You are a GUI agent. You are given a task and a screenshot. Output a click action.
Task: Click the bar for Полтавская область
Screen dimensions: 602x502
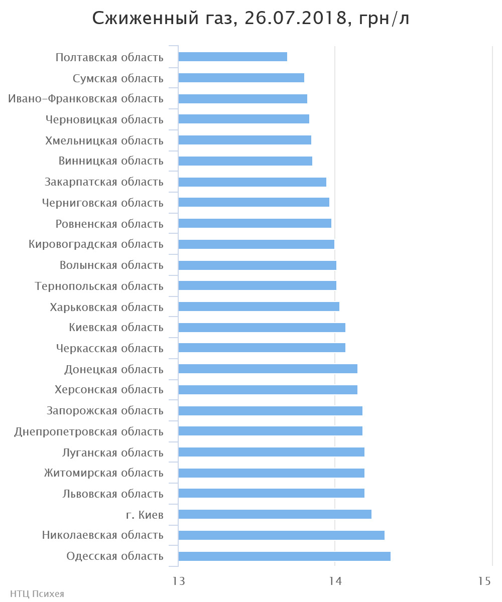[232, 57]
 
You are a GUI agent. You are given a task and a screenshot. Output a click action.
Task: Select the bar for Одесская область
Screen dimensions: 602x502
[284, 556]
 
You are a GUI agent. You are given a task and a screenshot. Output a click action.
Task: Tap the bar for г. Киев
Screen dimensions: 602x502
[275, 514]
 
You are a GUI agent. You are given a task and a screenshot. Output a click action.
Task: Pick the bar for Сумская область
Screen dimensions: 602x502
[241, 78]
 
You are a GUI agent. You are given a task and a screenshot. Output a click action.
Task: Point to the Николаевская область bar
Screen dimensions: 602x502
[281, 535]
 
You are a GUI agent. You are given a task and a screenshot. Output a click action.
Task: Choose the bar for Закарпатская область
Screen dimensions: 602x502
[252, 182]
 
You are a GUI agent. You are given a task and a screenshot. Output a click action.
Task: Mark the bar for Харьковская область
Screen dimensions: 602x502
[259, 307]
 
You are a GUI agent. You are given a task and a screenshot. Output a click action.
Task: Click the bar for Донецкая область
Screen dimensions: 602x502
[268, 369]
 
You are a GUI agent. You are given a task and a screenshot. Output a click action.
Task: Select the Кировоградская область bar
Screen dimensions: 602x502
[256, 244]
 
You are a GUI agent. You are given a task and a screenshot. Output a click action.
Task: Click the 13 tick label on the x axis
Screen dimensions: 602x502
[179, 581]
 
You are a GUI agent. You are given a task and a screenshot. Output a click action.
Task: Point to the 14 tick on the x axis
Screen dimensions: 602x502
[335, 581]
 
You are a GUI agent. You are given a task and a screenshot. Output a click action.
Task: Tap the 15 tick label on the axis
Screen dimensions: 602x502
[484, 581]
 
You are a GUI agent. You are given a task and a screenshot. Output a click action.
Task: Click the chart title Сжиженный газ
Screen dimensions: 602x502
[251, 19]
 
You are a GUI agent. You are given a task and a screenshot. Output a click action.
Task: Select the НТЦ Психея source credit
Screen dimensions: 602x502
[37, 594]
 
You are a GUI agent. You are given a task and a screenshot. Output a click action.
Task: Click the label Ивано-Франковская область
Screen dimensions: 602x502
[86, 99]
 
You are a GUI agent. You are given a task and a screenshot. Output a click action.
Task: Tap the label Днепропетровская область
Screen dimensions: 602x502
[89, 431]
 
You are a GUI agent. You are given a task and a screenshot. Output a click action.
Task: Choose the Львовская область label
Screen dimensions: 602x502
[113, 494]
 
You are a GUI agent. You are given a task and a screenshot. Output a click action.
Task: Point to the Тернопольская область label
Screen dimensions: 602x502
[99, 286]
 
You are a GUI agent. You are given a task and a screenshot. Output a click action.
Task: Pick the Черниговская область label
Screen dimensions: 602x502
[103, 203]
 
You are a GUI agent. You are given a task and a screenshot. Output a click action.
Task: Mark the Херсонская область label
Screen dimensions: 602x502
[109, 390]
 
